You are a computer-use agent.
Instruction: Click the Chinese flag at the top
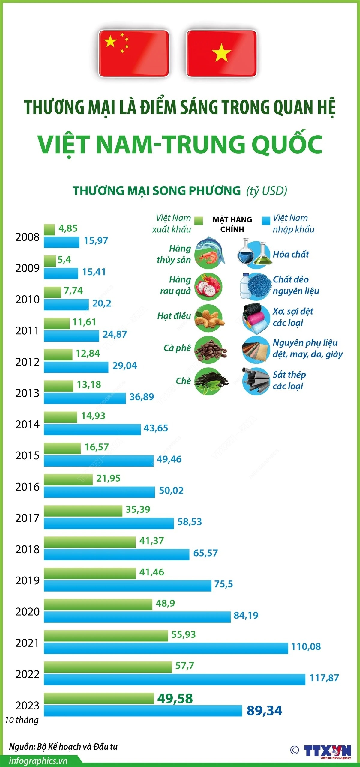[134, 53]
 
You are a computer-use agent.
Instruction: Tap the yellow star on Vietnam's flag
[221, 53]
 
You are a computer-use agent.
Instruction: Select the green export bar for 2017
[83, 511]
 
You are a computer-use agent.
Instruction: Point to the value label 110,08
[306, 647]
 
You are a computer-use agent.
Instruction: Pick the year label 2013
[27, 393]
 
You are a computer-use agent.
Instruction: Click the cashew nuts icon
[209, 318]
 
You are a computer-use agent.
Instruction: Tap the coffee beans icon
[210, 350]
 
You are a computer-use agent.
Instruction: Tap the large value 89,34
[264, 711]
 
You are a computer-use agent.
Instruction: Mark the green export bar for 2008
[49, 230]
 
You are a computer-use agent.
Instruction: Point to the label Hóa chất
[291, 254]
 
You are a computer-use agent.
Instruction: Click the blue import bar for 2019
[127, 586]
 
